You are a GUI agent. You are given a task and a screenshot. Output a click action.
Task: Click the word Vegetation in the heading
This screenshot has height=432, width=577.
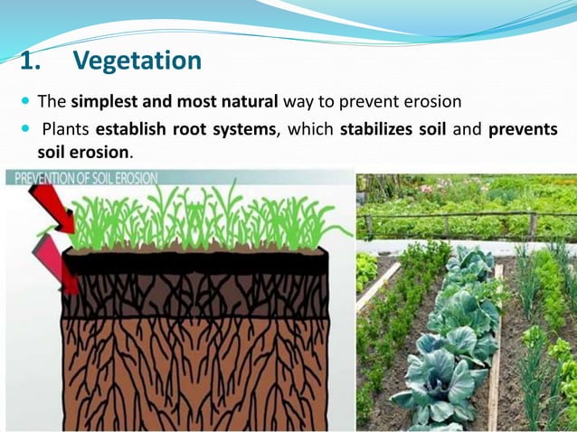point(137,61)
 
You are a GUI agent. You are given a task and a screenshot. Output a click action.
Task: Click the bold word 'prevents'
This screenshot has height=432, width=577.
point(522,129)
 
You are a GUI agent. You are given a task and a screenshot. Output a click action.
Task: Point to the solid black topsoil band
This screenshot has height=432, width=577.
point(199,264)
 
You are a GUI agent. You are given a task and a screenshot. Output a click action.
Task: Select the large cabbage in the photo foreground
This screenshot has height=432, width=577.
point(434,384)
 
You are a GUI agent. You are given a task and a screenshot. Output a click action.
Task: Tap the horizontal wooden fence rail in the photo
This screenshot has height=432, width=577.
point(452,214)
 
